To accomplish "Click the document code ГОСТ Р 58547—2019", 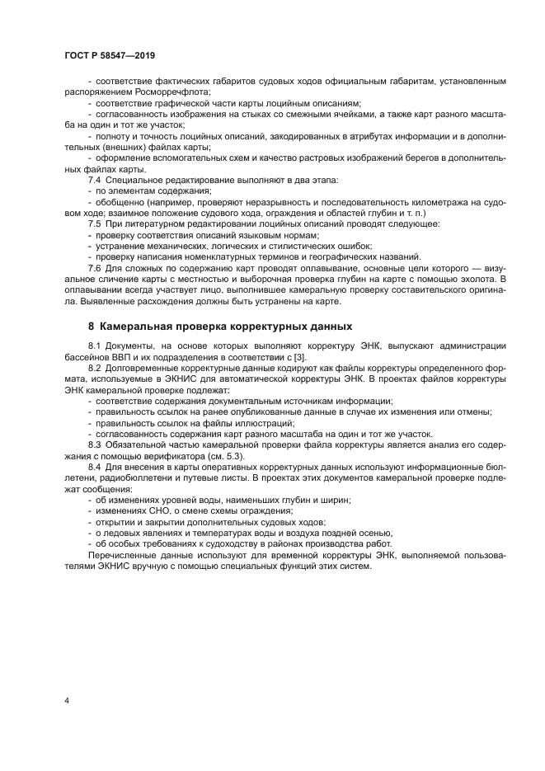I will point(110,54).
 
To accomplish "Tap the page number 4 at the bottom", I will point(67,700).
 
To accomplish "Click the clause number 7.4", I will point(95,180).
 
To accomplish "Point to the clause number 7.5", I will point(95,223).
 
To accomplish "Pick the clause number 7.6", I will point(95,268).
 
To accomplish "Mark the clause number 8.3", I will point(95,444).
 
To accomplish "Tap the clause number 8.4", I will point(95,467).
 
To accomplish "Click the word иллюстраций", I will point(223,422).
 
